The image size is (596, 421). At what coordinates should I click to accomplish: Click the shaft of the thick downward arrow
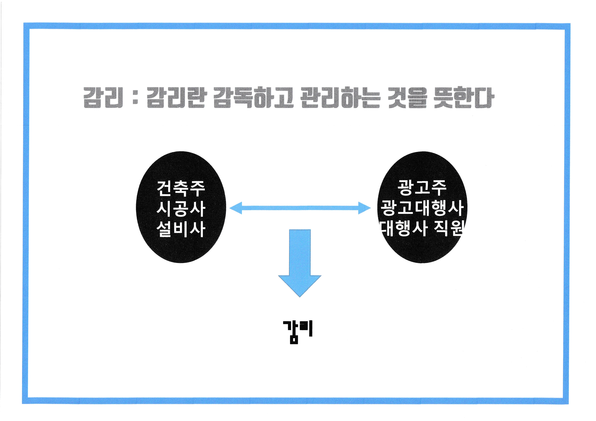coord(300,251)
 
